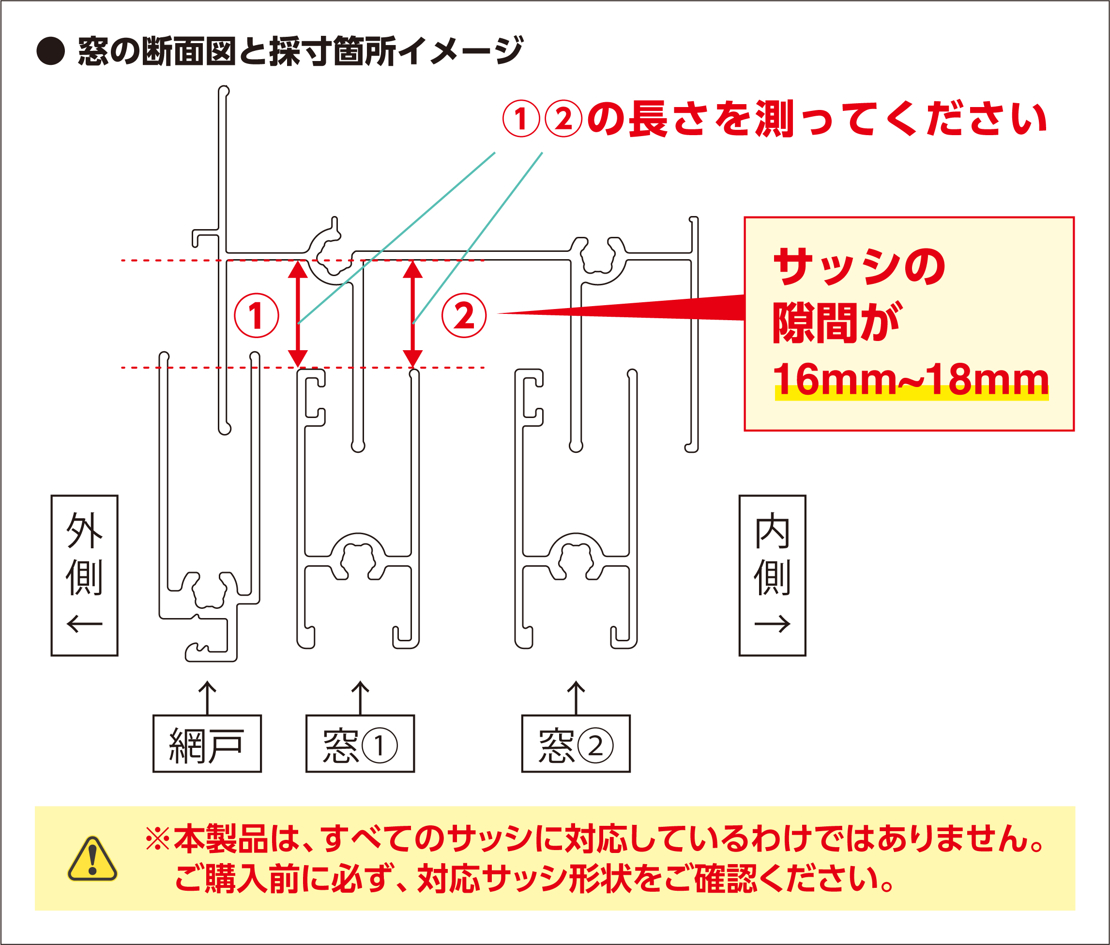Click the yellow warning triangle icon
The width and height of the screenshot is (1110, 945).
pos(92,859)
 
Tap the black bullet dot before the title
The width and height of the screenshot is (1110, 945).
pos(50,51)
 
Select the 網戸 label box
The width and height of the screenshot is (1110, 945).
pos(207,744)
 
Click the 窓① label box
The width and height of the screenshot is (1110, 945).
pos(360,744)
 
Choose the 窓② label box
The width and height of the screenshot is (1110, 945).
pos(576,744)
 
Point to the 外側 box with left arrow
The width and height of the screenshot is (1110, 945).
pos(84,575)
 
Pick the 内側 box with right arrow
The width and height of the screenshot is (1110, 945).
pos(772,575)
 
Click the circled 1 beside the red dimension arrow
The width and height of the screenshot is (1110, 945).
pos(257,315)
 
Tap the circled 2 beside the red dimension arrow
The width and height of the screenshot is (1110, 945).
pos(464,315)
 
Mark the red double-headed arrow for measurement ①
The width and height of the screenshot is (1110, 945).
pos(298,314)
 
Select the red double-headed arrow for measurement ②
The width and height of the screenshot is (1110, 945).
pos(413,314)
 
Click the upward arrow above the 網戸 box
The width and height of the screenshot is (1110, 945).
pos(207,697)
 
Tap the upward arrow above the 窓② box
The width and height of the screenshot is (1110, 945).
pos(576,697)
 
